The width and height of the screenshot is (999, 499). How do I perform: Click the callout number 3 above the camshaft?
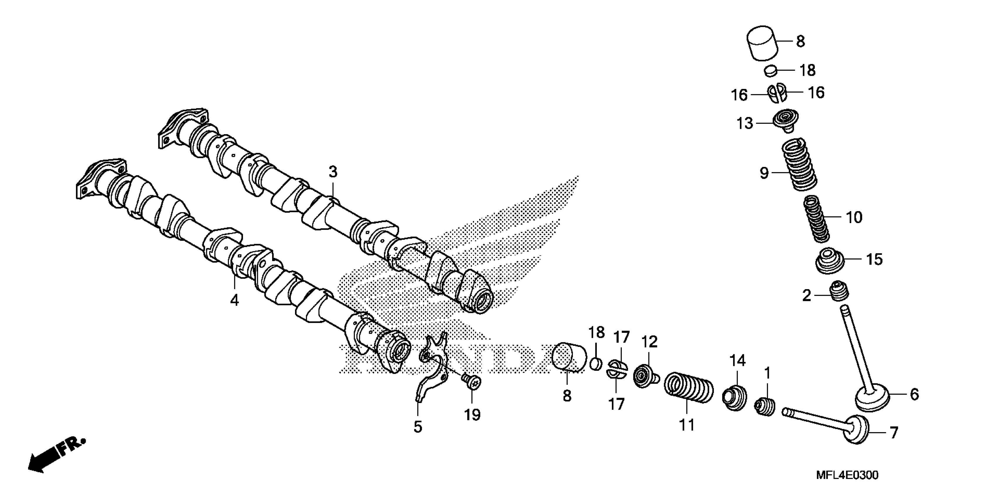coord(333,172)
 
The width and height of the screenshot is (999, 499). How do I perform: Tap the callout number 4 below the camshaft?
coord(234,300)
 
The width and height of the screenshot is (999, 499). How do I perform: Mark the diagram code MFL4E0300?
coord(847,475)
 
